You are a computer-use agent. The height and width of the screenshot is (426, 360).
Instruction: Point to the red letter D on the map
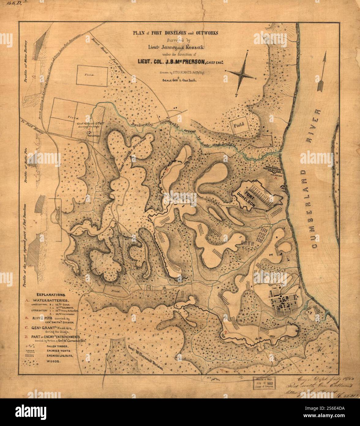225,332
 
